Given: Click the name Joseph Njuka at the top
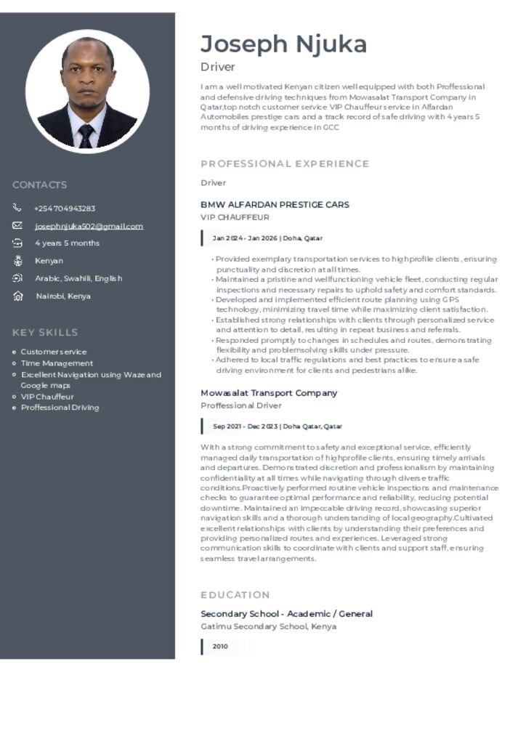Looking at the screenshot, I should pos(283,44).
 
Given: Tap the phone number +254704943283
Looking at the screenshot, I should pos(65,209).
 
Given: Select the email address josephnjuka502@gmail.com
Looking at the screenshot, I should pos(89,226).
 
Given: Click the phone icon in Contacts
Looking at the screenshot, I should pos(17,208).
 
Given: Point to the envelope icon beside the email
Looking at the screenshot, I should pos(17,225).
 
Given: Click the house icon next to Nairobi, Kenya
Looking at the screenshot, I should pos(17,296).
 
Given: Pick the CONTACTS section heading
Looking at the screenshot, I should pos(39,185).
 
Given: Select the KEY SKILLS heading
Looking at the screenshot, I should pos(45,332).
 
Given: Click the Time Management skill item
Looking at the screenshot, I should pos(57,363).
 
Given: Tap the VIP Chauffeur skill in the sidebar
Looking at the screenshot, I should pos(47,397).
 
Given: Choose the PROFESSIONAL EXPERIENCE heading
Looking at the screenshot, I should pos(285,163).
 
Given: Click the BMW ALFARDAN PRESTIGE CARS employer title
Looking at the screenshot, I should pos(275,205).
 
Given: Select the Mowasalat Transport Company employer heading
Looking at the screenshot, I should pos(269,393).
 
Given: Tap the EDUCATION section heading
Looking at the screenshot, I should pos(235,594).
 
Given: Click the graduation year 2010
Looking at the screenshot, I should pos(220,647).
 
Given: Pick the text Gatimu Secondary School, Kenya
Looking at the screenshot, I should pos(268,626).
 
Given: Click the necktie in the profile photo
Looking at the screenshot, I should pos(86,135).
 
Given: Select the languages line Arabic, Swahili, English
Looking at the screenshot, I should pos(78,278).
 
